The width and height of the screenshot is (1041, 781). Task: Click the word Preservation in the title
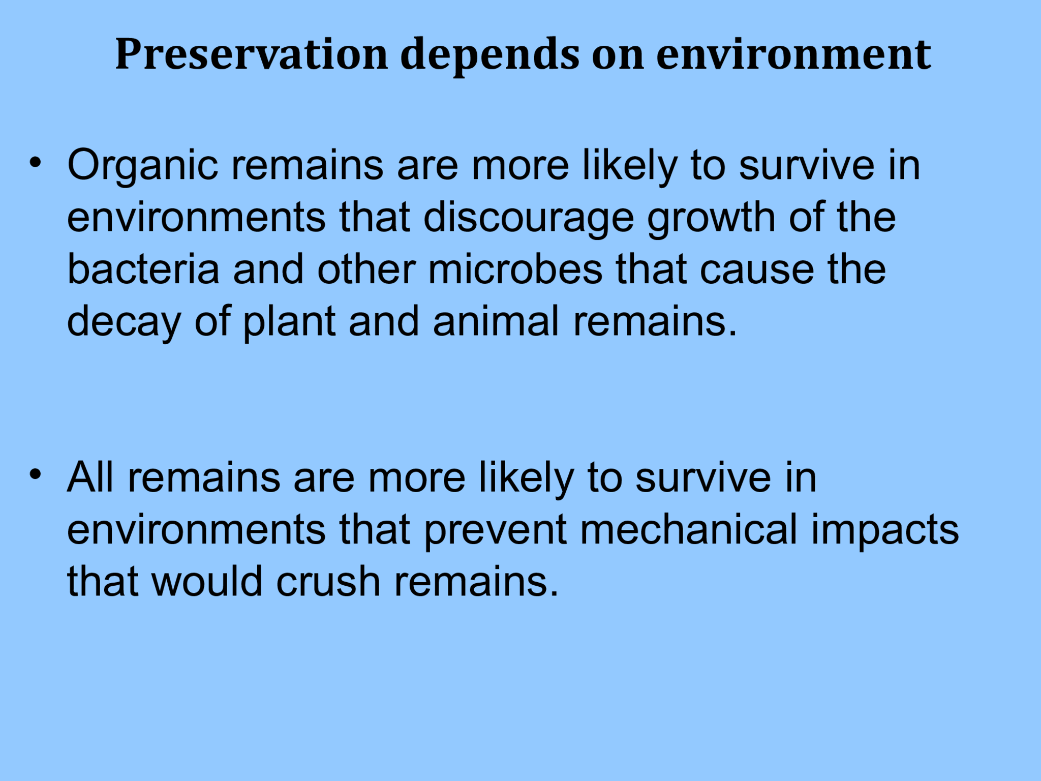click(252, 54)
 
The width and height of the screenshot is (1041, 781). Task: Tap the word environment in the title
click(793, 54)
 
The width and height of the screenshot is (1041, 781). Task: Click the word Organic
click(142, 166)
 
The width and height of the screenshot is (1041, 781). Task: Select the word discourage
click(529, 218)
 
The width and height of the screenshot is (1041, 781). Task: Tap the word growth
click(711, 218)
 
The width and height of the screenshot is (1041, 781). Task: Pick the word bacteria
click(143, 269)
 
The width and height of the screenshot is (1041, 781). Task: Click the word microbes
click(515, 269)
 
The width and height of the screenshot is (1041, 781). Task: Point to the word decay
click(124, 322)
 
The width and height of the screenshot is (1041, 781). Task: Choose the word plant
click(289, 322)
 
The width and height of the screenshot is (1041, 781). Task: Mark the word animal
click(496, 321)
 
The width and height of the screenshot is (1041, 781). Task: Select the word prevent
click(495, 530)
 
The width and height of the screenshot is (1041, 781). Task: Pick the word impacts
click(884, 530)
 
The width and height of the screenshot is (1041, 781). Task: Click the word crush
click(328, 582)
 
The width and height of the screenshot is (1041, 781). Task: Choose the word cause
click(756, 269)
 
